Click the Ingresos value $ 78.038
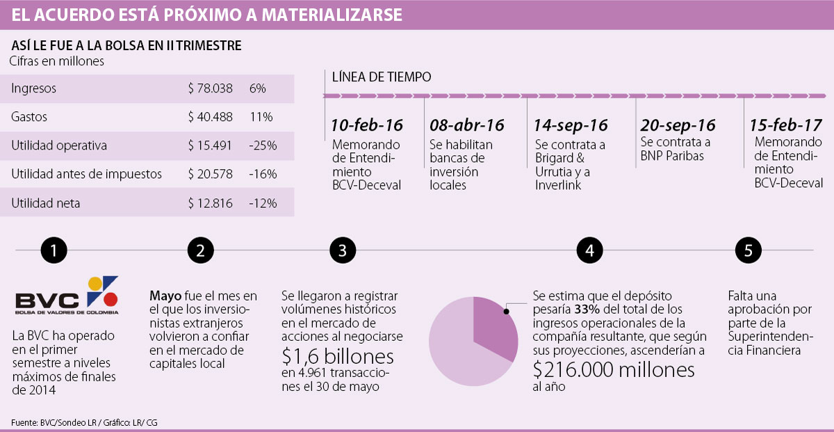pyautogui.click(x=210, y=89)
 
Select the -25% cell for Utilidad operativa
pyautogui.click(x=263, y=146)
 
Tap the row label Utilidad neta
pyautogui.click(x=46, y=203)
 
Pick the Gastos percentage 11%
pyautogui.click(x=261, y=117)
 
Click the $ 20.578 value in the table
pyautogui.click(x=210, y=174)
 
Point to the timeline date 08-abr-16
pyautogui.click(x=466, y=126)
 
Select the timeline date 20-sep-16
pyautogui.click(x=677, y=125)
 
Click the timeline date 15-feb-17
pyautogui.click(x=786, y=126)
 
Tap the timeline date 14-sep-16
pyautogui.click(x=571, y=126)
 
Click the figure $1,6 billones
pyautogui.click(x=338, y=357)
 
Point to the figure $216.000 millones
pyautogui.click(x=614, y=369)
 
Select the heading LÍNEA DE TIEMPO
pyautogui.click(x=381, y=77)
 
